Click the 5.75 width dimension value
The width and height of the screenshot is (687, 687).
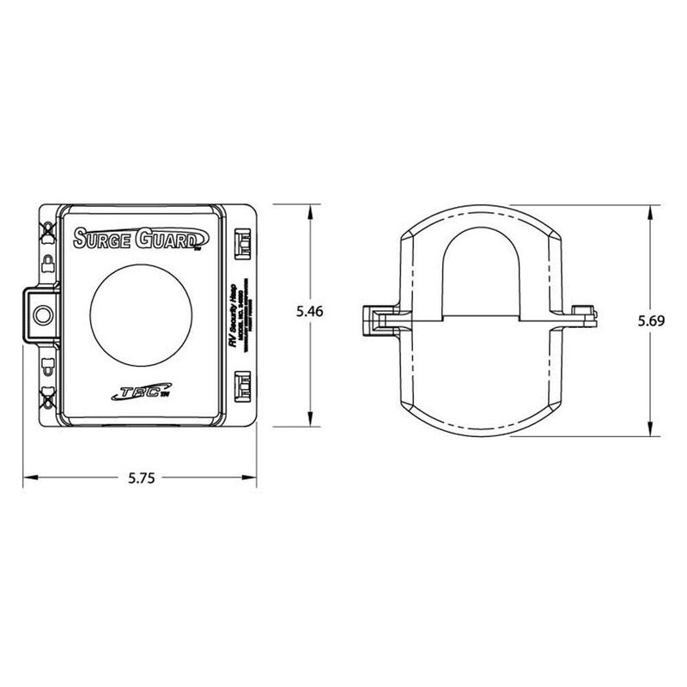(x=142, y=477)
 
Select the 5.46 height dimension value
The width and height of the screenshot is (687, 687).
(x=310, y=313)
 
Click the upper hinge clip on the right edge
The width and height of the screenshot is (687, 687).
(x=242, y=241)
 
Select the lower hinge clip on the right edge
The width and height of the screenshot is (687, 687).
(x=242, y=384)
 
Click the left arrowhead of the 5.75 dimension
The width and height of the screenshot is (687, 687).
(x=27, y=477)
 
